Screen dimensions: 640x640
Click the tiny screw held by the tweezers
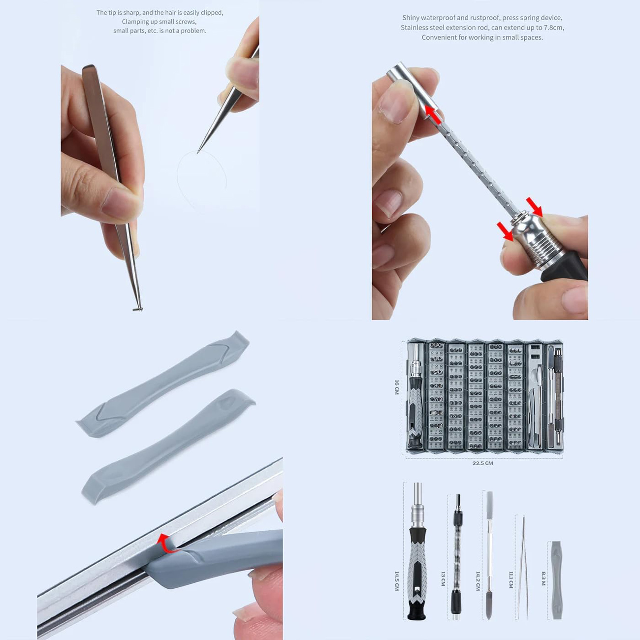138,309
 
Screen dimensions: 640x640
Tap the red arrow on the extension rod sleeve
433,115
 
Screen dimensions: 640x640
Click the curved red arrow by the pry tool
167,544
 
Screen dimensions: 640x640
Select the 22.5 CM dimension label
482,463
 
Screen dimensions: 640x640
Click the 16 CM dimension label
397,387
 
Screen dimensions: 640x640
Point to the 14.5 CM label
397,581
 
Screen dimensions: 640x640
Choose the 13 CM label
443,578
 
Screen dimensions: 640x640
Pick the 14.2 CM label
478,581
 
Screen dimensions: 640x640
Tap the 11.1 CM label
511,580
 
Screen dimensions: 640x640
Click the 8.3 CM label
544,578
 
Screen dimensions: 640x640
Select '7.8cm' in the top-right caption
553,28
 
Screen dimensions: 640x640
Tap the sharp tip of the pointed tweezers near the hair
197,153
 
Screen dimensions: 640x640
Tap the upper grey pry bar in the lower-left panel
163,384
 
